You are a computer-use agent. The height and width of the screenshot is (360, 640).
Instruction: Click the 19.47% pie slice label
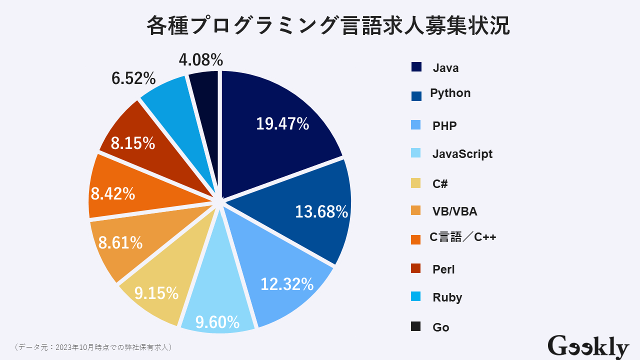pyautogui.click(x=282, y=123)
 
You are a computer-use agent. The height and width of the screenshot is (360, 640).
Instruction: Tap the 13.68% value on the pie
pyautogui.click(x=321, y=211)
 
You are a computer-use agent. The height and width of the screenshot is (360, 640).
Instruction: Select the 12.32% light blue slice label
pyautogui.click(x=287, y=284)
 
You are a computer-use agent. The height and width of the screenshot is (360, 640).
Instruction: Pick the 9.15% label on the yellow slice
pyautogui.click(x=156, y=293)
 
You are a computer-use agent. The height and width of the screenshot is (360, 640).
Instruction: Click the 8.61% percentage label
pyautogui.click(x=120, y=243)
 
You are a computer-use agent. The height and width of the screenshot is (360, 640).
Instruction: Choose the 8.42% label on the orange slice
pyautogui.click(x=113, y=193)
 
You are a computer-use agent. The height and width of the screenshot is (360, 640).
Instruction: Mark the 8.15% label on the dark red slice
pyautogui.click(x=133, y=143)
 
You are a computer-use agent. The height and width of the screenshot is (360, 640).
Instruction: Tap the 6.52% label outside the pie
pyautogui.click(x=133, y=78)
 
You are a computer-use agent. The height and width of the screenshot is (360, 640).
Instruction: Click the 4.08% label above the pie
pyautogui.click(x=201, y=60)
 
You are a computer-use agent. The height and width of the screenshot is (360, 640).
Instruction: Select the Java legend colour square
pyautogui.click(x=416, y=67)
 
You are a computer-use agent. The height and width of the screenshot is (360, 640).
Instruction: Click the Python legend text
pyautogui.click(x=450, y=93)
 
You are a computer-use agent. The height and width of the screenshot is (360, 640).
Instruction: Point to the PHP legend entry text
pyautogui.click(x=444, y=125)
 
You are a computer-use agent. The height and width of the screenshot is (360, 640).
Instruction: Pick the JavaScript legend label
pyautogui.click(x=462, y=153)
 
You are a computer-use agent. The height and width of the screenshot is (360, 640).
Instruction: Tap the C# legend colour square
pyautogui.click(x=416, y=183)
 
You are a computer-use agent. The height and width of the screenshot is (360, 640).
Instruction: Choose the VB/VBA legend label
pyautogui.click(x=454, y=211)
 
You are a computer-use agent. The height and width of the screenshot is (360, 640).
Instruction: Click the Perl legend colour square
pyautogui.click(x=416, y=268)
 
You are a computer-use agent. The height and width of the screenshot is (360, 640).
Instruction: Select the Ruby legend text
pyautogui.click(x=447, y=297)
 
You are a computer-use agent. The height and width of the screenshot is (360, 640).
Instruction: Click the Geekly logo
pyautogui.click(x=588, y=346)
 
